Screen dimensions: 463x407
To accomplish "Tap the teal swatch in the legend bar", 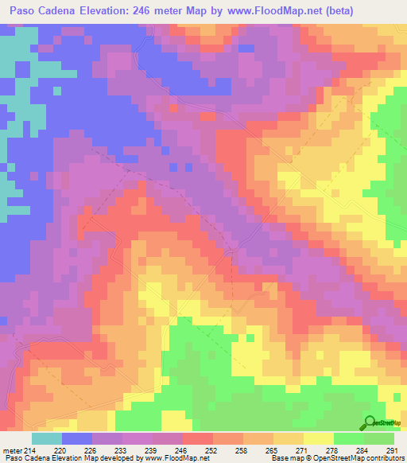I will point(47,438).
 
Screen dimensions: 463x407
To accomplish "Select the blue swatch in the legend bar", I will point(77,438).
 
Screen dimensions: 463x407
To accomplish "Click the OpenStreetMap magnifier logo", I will point(370,422).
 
